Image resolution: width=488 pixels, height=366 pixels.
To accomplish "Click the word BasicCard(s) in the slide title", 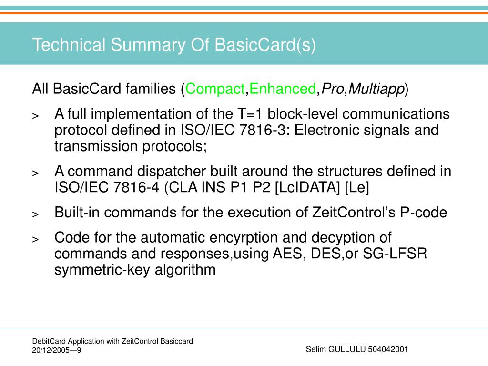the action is pos(265,45).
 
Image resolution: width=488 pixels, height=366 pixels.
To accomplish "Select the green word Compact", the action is pos(214,89).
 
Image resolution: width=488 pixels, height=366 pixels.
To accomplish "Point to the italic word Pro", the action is pos(329,89).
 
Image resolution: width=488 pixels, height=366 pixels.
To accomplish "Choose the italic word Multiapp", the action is pos(376,89).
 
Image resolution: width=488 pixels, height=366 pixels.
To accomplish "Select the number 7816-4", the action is pos(139,188).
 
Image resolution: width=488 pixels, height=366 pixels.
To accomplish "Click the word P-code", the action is pos(424,213).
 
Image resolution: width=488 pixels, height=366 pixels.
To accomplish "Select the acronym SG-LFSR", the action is pos(395,254).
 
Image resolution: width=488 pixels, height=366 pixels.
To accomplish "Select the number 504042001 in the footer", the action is pos(388,349).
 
